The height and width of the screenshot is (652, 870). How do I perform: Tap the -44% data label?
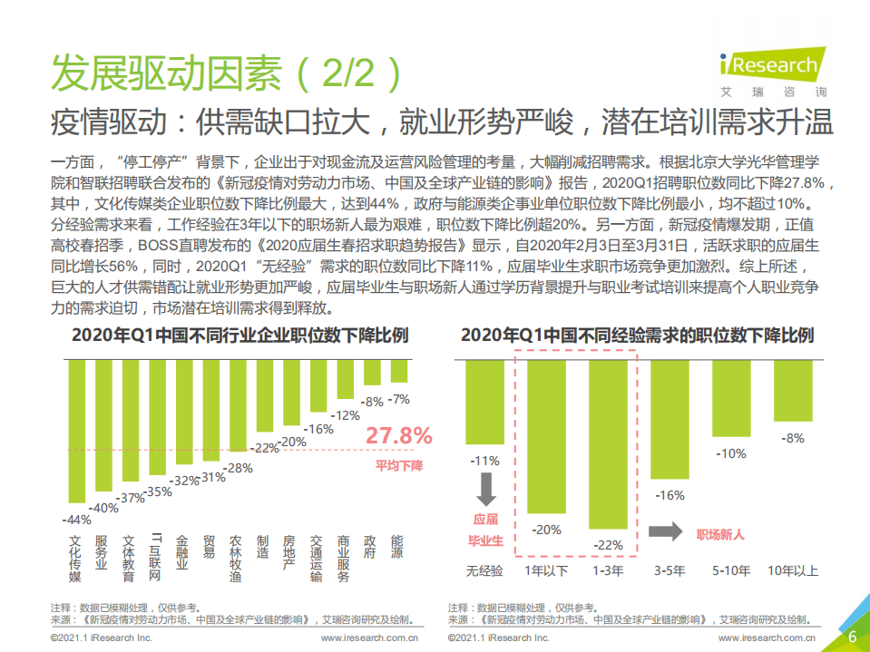point(75,520)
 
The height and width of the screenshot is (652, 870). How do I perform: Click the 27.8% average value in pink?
point(399,436)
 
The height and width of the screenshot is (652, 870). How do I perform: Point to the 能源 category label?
point(396,547)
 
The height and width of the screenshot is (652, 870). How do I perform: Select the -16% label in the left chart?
point(318,430)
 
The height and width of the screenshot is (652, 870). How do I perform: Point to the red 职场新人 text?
point(719,534)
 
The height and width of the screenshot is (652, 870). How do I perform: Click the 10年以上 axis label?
point(793,570)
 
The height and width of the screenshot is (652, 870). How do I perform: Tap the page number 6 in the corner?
point(852,637)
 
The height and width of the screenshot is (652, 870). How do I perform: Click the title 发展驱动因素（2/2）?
point(225,73)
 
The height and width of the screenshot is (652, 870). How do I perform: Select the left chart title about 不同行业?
point(239,336)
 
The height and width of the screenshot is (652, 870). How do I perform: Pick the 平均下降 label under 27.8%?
point(399,465)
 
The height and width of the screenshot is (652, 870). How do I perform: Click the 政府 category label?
point(369,547)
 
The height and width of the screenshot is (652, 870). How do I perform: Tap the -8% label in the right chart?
point(794,438)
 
